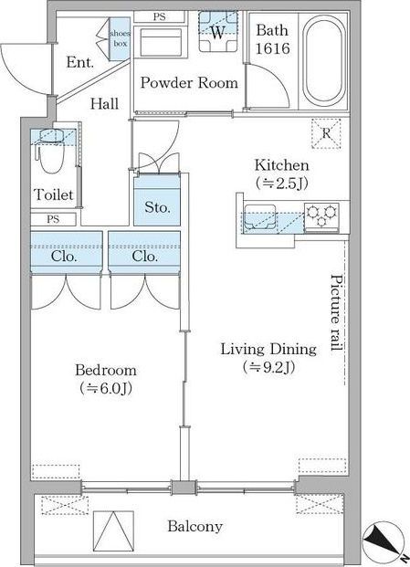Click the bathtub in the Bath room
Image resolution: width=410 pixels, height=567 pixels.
pyautogui.click(x=323, y=60)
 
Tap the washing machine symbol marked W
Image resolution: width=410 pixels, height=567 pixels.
pyautogui.click(x=218, y=32)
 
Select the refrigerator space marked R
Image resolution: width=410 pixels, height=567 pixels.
pyautogui.click(x=326, y=133)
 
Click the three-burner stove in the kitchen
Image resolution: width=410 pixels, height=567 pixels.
pyautogui.click(x=321, y=217)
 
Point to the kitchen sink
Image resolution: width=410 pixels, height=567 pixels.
pyautogui.click(x=260, y=217)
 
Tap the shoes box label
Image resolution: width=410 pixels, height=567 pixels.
pyautogui.click(x=120, y=38)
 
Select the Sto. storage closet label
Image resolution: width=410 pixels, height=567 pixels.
pyautogui.click(x=157, y=207)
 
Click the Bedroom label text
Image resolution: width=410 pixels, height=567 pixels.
pyautogui.click(x=106, y=370)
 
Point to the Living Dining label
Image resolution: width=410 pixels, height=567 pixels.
pyautogui.click(x=268, y=350)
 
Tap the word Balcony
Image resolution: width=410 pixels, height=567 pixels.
pyautogui.click(x=194, y=527)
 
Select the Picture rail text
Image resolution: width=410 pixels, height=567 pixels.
pyautogui.click(x=337, y=313)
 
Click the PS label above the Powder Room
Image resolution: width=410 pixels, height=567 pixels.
pyautogui.click(x=159, y=16)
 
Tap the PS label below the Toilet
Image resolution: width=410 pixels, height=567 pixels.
pyautogui.click(x=53, y=219)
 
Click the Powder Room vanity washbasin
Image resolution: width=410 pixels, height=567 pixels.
pyautogui.click(x=161, y=42)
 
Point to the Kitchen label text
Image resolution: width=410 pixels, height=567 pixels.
pyautogui.click(x=282, y=165)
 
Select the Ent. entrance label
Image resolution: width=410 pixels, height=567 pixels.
pyautogui.click(x=80, y=62)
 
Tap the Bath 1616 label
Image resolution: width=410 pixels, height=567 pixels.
pyautogui.click(x=273, y=39)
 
